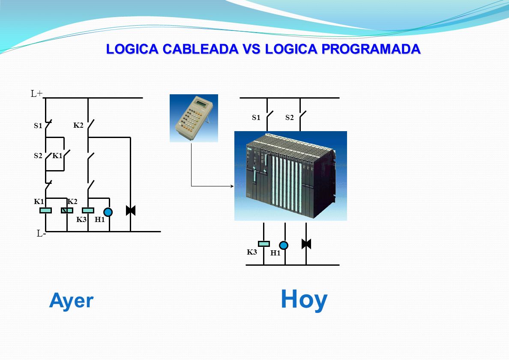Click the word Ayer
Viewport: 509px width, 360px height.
[71, 301]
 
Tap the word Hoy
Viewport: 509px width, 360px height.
[304, 300]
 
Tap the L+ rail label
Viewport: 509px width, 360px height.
[36, 94]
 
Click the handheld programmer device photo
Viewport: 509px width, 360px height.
[194, 118]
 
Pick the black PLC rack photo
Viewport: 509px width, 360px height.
[290, 176]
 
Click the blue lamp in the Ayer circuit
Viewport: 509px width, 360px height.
[108, 212]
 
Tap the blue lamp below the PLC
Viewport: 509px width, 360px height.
[284, 245]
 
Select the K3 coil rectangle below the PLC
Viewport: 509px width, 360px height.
[263, 244]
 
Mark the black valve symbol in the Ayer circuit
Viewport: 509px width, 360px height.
[130, 210]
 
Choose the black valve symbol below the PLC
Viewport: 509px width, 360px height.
[306, 244]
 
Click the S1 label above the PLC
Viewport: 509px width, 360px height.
[256, 117]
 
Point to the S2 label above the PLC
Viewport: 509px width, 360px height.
[289, 117]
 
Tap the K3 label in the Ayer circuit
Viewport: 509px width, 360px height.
[81, 219]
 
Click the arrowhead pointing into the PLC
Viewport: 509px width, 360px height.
[232, 186]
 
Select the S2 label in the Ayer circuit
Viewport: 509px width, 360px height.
[38, 156]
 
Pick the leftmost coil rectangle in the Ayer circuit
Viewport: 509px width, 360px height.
[45, 210]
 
